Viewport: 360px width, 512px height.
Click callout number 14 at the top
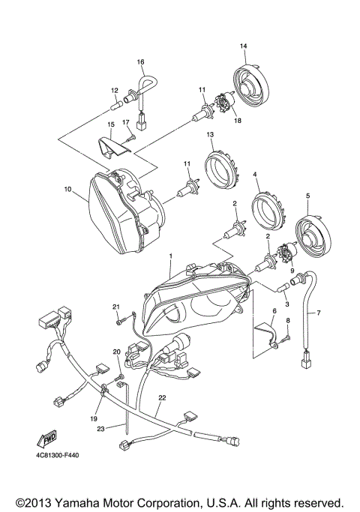[243, 46]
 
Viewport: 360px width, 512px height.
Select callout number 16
[140, 61]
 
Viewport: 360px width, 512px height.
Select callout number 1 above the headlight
[171, 256]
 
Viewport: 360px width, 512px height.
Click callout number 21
[116, 307]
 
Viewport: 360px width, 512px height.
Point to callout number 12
[115, 90]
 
